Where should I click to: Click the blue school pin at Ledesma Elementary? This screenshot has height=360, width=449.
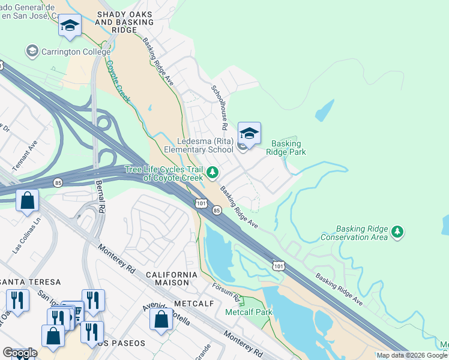point(249,133)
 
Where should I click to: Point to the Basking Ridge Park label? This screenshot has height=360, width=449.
point(289,148)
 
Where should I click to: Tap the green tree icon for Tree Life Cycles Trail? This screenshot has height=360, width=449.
point(212,173)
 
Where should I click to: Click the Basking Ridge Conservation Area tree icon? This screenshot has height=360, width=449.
point(397,232)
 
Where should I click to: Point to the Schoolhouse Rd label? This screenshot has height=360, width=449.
point(218,107)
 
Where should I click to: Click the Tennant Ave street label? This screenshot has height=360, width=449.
point(25,155)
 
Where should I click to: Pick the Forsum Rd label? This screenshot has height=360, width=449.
point(227,293)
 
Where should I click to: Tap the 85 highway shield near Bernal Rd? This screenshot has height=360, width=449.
point(57,182)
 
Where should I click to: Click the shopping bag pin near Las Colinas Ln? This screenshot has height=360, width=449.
point(28,200)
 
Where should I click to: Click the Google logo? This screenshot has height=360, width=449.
point(20,353)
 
